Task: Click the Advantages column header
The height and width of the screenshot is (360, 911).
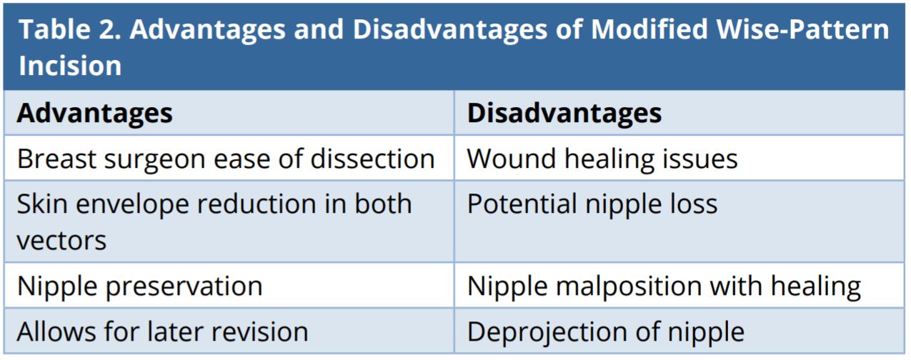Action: [x=94, y=114]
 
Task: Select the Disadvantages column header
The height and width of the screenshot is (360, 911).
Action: [x=564, y=114]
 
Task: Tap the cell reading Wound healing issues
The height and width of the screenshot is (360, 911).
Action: [x=602, y=158]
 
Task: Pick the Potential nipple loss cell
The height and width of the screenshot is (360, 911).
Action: [x=592, y=204]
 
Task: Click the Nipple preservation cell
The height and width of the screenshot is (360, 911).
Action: [x=139, y=286]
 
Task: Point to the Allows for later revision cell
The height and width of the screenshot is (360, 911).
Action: [x=162, y=331]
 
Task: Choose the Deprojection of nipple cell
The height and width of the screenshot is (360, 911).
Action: [x=606, y=331]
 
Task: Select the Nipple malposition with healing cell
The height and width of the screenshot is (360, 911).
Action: [x=664, y=286]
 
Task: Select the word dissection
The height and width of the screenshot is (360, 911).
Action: [x=372, y=158]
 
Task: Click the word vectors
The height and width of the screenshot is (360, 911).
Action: [x=61, y=240]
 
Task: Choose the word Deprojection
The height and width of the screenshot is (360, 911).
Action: [x=526, y=331]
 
